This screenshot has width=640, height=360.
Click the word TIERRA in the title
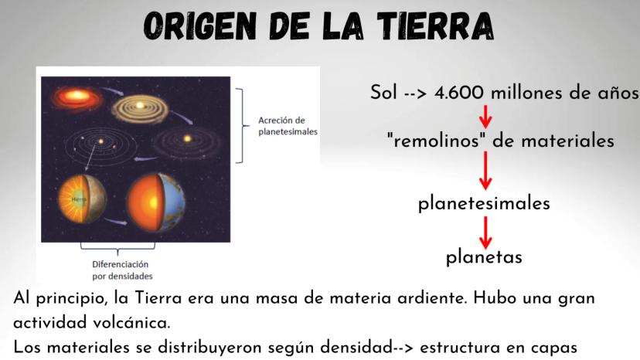click(435, 26)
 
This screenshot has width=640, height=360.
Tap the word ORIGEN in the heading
click(200, 26)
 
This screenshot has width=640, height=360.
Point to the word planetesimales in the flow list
click(484, 203)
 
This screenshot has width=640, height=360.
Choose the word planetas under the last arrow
click(484, 257)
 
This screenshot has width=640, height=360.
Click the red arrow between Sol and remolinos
click(485, 117)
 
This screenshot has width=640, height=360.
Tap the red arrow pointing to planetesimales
click(485, 171)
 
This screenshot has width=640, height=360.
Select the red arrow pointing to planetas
click(485, 233)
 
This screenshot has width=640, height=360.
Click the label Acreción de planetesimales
click(288, 126)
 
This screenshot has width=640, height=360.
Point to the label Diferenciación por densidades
click(122, 270)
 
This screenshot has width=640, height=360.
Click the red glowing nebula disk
click(77, 97)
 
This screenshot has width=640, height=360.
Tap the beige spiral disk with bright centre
click(140, 107)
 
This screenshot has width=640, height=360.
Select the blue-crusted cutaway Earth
click(156, 202)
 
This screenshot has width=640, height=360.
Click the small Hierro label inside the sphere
click(78, 199)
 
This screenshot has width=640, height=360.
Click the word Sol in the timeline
click(383, 93)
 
